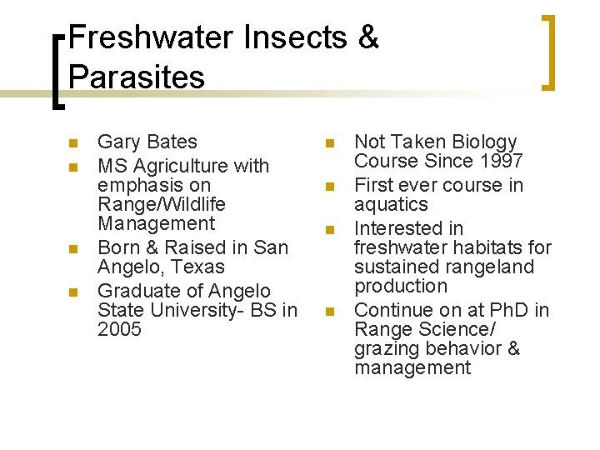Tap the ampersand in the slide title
coord(366,37)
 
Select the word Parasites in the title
coord(137,77)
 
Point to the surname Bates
coord(170,142)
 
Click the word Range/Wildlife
coord(162,204)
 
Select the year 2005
coord(119,329)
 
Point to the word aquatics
coord(391,205)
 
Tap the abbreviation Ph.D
coord(503,310)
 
